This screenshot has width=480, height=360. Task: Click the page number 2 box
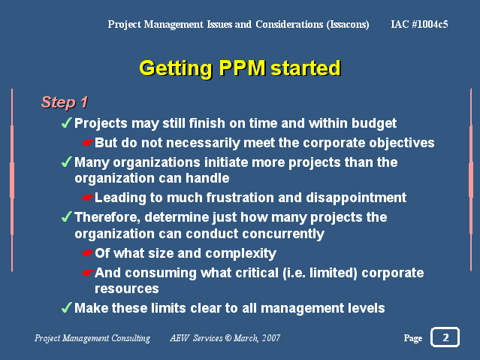[445, 337]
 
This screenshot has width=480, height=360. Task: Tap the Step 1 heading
[65, 102]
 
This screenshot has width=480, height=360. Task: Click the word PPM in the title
[242, 68]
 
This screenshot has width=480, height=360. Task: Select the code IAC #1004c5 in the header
[419, 24]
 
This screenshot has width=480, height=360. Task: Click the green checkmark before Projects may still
[67, 123]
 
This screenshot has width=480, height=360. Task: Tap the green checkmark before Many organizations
[67, 162]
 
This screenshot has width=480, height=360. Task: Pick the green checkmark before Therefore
[67, 216]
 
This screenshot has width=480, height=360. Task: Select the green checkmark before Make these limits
[67, 307]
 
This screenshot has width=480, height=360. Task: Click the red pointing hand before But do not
[88, 143]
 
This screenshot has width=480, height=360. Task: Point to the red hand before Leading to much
[88, 198]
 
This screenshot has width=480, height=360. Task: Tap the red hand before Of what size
[88, 254]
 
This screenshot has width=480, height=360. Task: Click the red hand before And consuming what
[88, 273]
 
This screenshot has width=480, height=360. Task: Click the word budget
[374, 123]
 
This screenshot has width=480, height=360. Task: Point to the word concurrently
[283, 234]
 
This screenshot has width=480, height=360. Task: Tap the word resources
[127, 289]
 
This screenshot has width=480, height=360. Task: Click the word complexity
[241, 254]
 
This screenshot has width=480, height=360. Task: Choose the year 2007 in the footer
[271, 338]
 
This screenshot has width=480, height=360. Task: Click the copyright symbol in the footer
[228, 337]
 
